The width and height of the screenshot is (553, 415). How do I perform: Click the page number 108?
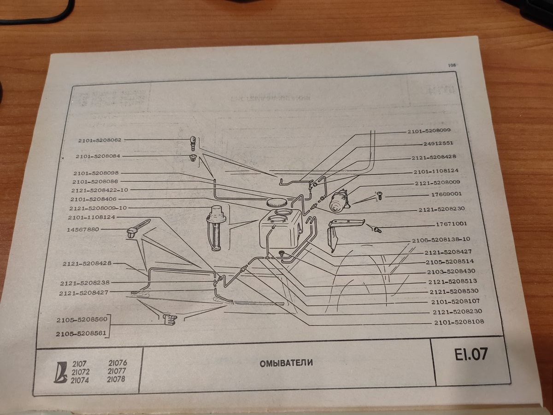click(451, 65)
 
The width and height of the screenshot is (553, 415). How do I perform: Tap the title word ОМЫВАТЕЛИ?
click(286, 362)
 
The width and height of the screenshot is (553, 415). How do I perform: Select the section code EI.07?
click(470, 355)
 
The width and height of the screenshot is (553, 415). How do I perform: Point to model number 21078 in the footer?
click(116, 379)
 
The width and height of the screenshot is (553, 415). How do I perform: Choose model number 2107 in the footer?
click(80, 363)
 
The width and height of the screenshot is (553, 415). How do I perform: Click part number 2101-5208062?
click(100, 139)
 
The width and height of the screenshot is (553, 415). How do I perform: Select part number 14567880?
click(83, 229)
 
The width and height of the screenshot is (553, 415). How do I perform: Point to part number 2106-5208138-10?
click(441, 240)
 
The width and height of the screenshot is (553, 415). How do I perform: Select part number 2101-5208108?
click(459, 322)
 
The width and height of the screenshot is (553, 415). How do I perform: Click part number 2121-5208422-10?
click(100, 190)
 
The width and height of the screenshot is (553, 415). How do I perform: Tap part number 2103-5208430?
click(451, 272)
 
